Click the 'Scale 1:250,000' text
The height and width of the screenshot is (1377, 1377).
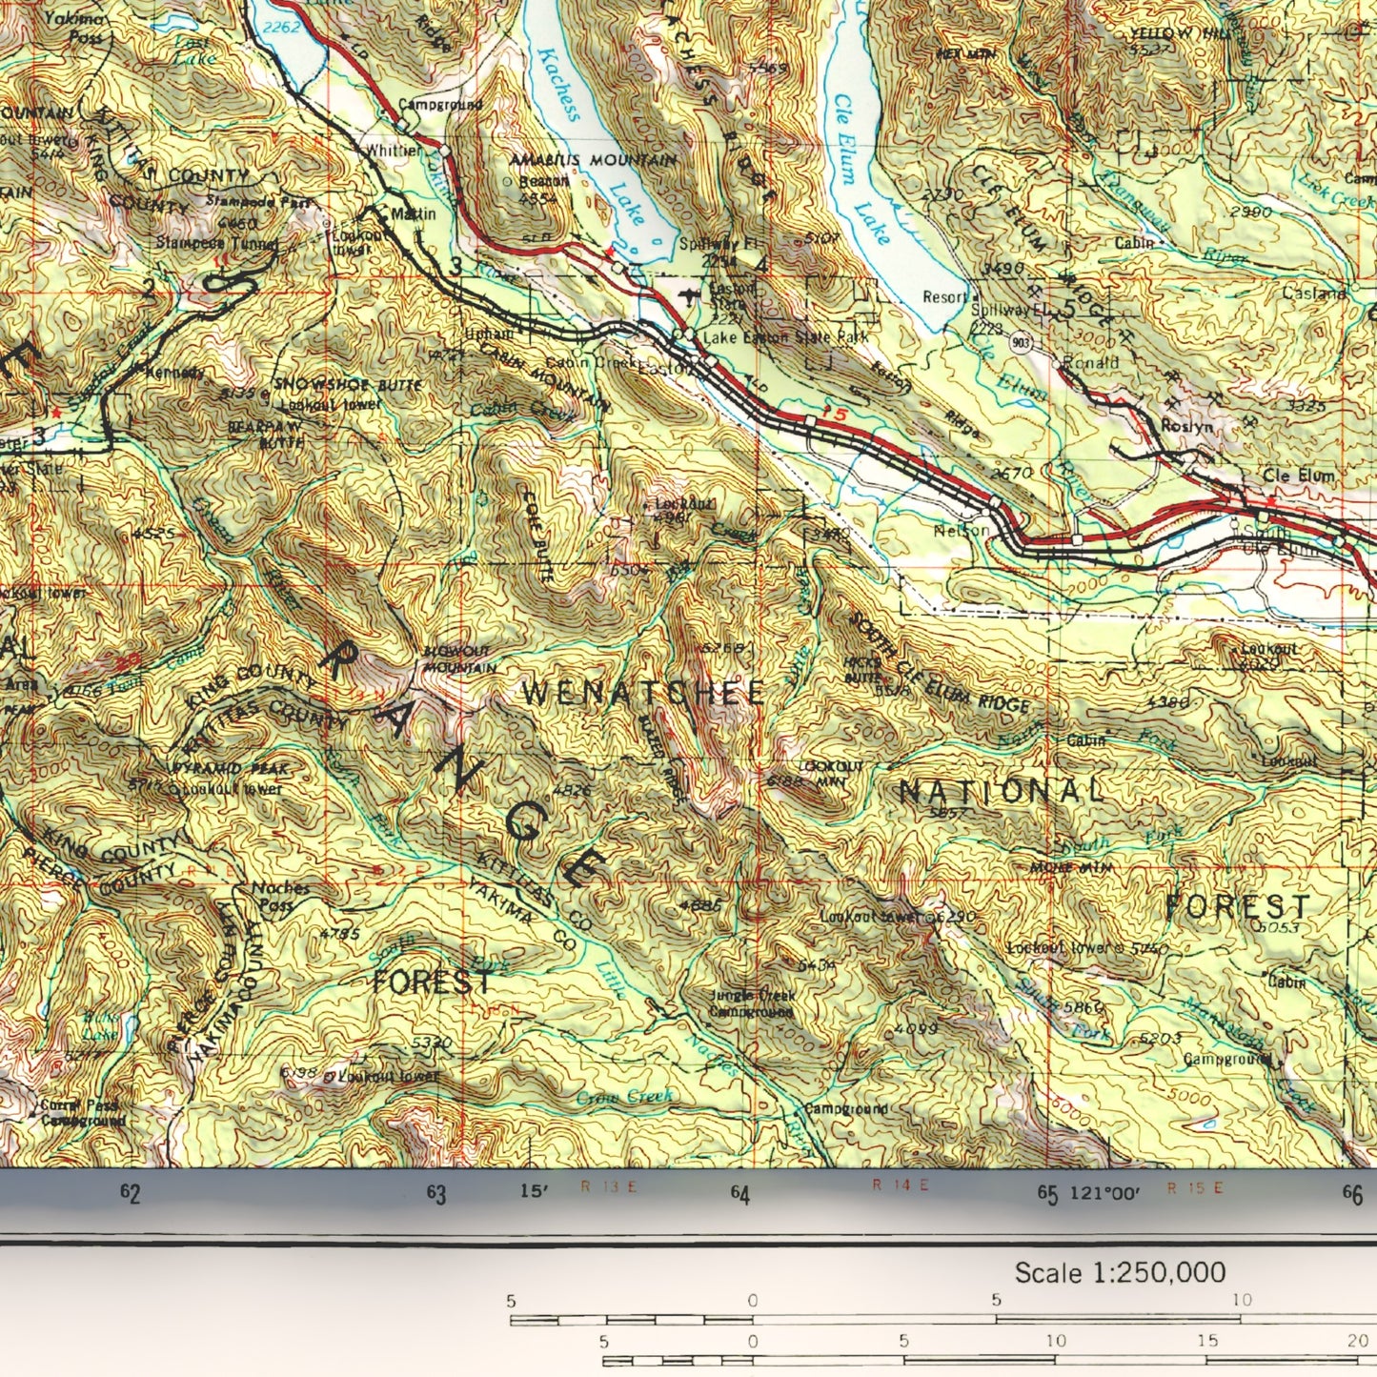pos(1119,1273)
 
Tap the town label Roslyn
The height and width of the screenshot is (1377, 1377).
pos(1186,427)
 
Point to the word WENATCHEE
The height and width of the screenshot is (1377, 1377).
pos(644,693)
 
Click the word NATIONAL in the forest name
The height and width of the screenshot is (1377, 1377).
pos(1002,791)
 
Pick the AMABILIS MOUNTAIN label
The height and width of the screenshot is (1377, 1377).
pos(593,160)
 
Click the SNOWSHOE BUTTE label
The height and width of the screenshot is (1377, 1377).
pos(334,384)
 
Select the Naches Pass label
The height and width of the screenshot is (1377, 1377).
pos(280,896)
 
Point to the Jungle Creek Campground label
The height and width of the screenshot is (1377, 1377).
pos(752,1003)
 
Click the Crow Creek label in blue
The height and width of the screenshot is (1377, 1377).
pos(624,1098)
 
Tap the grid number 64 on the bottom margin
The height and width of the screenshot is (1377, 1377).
pos(740,1194)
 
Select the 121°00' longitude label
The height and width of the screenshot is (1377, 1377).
pos(1104,1192)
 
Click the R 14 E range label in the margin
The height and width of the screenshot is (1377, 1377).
pos(900,1185)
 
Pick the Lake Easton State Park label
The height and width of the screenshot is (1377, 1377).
pos(784,337)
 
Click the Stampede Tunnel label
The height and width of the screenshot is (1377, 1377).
pos(217,243)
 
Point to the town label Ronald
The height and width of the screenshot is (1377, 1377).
pos(1092,362)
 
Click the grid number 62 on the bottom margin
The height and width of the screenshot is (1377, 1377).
pos(131,1194)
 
